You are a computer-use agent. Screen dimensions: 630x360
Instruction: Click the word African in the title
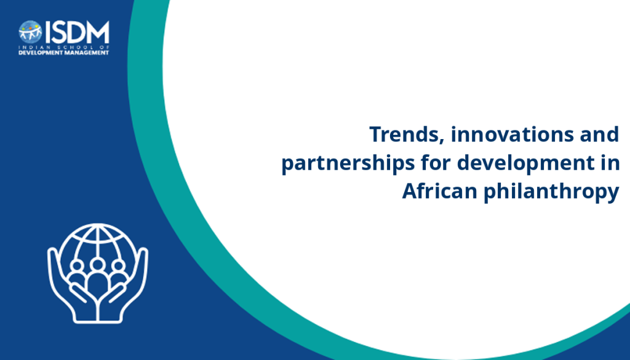click(x=439, y=191)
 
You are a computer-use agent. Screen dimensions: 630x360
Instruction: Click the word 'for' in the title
click(x=436, y=162)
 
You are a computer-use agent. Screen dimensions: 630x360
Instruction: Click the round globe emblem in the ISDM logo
click(x=30, y=32)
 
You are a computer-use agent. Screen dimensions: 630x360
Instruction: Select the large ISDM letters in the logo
click(x=77, y=32)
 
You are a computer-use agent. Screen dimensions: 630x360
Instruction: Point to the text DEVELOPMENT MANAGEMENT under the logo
click(x=63, y=53)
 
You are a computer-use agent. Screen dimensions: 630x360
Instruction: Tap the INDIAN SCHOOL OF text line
click(x=63, y=47)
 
